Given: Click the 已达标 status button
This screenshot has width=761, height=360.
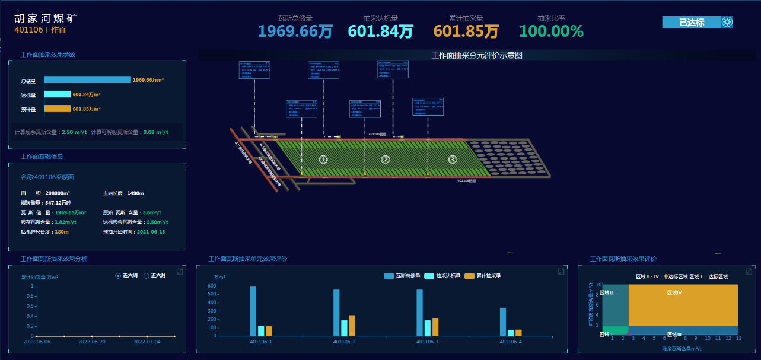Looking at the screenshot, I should (691, 23).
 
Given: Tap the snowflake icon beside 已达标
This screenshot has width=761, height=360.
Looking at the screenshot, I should (727, 23).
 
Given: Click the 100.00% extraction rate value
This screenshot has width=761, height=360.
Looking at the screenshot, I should (551, 31).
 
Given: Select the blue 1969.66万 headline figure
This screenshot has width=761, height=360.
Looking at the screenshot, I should (295, 31).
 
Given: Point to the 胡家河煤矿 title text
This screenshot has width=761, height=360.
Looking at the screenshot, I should (46, 18).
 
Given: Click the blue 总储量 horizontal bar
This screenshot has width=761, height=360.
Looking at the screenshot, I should (87, 79).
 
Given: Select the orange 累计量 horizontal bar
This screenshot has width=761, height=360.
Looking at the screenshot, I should (57, 109).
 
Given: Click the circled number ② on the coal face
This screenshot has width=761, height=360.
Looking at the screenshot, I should (386, 159).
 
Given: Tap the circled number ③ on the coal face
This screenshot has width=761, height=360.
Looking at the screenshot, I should (453, 159).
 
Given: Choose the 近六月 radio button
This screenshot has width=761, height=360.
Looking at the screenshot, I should (147, 276).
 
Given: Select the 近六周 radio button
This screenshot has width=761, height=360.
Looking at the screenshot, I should (118, 276).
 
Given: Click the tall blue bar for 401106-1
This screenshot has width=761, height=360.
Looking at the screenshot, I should (253, 311).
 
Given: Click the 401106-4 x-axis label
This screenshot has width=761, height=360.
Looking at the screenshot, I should (511, 342).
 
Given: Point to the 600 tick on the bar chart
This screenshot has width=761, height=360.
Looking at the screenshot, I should (212, 286).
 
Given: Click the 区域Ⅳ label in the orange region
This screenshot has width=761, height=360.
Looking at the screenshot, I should (674, 292).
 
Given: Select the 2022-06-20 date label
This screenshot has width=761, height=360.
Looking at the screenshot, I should (92, 342).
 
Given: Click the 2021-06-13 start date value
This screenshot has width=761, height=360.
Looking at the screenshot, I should (151, 232).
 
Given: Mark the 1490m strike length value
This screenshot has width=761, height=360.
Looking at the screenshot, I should (135, 193).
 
